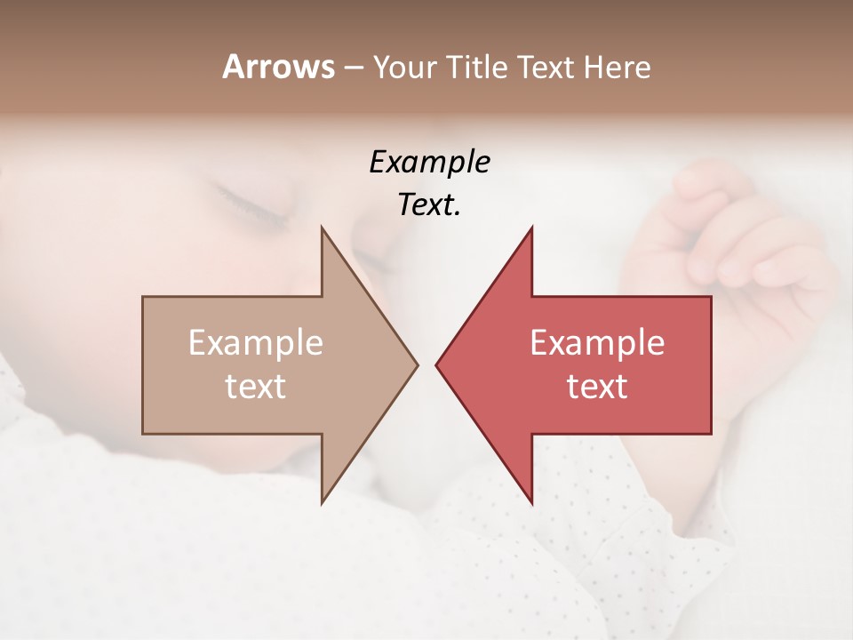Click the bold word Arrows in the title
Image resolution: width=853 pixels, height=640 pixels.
(278, 67)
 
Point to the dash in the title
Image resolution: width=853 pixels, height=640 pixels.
(353, 68)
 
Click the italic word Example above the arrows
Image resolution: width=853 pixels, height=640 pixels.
(429, 162)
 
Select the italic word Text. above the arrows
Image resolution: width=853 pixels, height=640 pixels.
(429, 204)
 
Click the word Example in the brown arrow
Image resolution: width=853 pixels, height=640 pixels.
(256, 343)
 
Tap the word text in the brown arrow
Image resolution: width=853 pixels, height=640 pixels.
(256, 387)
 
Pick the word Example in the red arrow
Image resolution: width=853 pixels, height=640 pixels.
(597, 343)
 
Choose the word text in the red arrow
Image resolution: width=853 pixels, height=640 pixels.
(597, 387)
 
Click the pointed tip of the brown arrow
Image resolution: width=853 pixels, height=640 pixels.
(417, 364)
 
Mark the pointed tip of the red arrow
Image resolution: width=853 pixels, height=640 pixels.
(436, 364)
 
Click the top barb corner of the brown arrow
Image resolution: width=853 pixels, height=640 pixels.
(322, 228)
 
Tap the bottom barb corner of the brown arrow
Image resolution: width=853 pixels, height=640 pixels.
(322, 503)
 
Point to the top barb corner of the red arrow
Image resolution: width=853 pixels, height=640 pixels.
(531, 228)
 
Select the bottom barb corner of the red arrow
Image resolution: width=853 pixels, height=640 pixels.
(531, 503)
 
